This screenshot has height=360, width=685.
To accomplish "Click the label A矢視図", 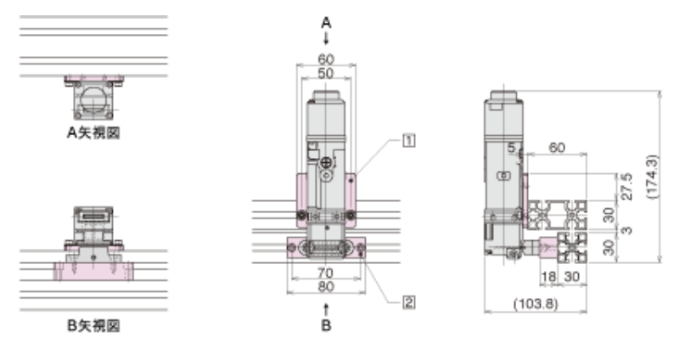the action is tap(93, 132).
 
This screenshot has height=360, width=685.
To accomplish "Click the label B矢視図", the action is tap(93, 325).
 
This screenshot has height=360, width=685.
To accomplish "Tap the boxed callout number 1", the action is tap(408, 141).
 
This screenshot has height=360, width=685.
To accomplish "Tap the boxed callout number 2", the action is tap(408, 302).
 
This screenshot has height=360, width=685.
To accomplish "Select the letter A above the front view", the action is tap(326, 23).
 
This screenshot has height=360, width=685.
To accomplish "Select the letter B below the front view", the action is tap(326, 325).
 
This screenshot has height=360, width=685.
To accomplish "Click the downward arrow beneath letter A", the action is tap(326, 39).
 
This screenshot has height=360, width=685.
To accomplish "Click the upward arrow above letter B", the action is tap(326, 310).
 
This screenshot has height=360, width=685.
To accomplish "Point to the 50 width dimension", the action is tap(326, 73).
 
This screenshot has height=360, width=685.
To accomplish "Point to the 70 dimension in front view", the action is tap(325, 273).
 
